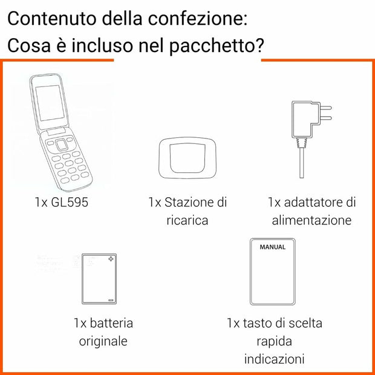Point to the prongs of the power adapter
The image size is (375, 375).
(327, 114)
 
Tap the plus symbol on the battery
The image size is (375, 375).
(111, 259)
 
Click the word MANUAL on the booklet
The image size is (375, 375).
(272, 247)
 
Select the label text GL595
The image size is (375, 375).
(70, 202)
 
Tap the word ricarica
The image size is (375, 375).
(187, 220)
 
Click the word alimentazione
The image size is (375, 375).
(311, 220)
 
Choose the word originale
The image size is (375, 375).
(103, 341)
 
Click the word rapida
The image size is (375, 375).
(274, 341)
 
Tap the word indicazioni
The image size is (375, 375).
(274, 359)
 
